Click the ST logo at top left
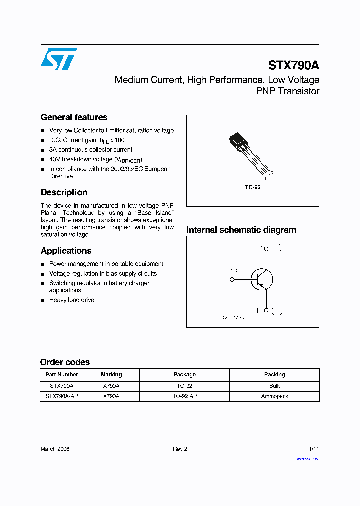click(59, 59)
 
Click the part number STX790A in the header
click(294, 65)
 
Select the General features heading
click(74, 117)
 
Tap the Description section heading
click(64, 192)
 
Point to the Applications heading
click(66, 251)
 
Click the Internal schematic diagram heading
click(241, 230)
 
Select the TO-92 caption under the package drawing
click(253, 187)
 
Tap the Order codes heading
click(65, 362)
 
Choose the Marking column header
click(111, 374)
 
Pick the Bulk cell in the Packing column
click(274, 386)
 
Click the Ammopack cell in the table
click(274, 396)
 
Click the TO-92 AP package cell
click(184, 396)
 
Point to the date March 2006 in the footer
click(55, 449)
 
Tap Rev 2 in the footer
click(180, 449)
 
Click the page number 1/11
click(313, 449)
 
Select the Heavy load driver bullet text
click(73, 300)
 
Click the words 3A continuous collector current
click(91, 150)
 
